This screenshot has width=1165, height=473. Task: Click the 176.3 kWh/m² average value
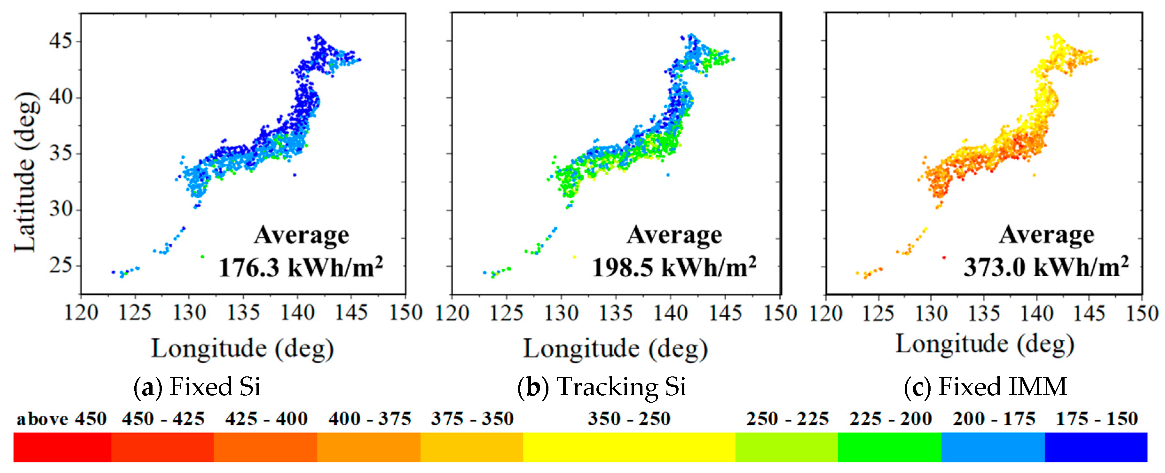click(301, 268)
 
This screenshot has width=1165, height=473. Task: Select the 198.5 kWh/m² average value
click(674, 268)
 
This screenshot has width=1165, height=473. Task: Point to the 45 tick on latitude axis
click(61, 41)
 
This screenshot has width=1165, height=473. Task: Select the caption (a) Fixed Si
click(197, 387)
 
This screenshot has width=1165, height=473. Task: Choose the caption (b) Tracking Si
click(602, 387)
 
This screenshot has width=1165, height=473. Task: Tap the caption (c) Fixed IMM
click(986, 387)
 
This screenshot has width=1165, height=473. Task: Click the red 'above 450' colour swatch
click(62, 447)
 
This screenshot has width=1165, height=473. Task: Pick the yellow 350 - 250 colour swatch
click(629, 447)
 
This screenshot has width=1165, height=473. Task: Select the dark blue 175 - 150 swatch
click(1096, 447)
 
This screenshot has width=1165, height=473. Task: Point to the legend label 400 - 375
click(369, 419)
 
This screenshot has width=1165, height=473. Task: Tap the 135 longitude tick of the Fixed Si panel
click(243, 313)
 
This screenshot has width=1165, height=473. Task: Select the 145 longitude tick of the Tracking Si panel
click(725, 313)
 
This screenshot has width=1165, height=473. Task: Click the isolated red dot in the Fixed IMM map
click(944, 258)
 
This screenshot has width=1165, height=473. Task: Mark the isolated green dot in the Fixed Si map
click(202, 257)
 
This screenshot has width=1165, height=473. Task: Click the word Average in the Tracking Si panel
click(674, 235)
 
